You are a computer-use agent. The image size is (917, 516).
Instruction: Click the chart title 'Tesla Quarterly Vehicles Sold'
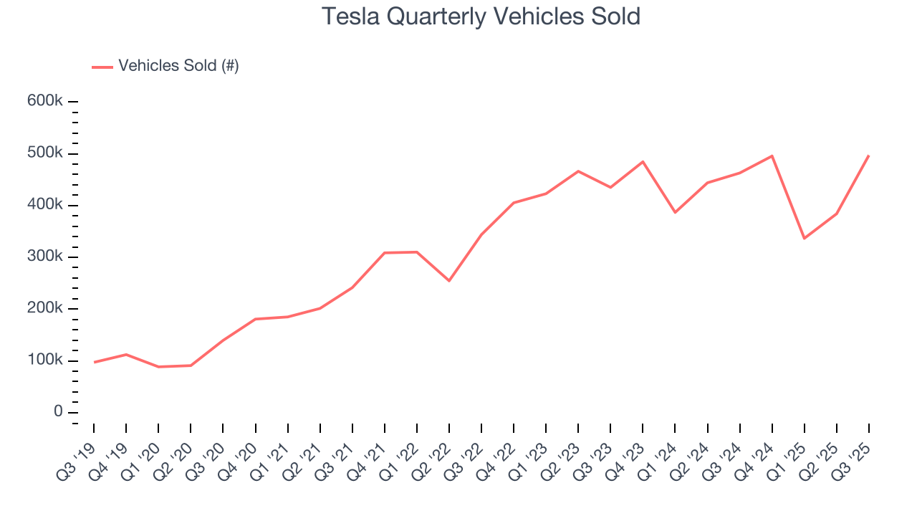tap(481, 16)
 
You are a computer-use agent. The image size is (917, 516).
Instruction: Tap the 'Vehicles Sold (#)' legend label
tap(178, 66)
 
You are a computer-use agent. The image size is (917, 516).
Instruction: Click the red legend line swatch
tap(102, 67)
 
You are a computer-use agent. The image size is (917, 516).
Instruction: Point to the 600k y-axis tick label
tap(45, 101)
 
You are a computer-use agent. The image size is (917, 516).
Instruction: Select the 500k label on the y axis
tap(45, 153)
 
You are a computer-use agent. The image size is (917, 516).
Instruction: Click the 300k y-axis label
tap(45, 257)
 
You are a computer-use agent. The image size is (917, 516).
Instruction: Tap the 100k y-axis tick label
tap(45, 360)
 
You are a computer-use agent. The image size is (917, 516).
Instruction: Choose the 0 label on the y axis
tap(57, 412)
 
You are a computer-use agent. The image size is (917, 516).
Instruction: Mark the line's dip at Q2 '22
tap(449, 280)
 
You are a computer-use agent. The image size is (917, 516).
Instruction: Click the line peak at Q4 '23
tap(643, 161)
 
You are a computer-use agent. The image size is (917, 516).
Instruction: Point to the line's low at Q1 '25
tap(804, 238)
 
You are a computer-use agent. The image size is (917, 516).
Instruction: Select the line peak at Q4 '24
tap(772, 156)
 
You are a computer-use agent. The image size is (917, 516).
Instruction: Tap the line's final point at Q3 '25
tap(868, 156)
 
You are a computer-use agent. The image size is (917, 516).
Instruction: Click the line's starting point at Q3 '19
tap(94, 362)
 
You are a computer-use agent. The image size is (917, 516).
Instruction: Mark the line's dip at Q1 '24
tap(675, 212)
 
